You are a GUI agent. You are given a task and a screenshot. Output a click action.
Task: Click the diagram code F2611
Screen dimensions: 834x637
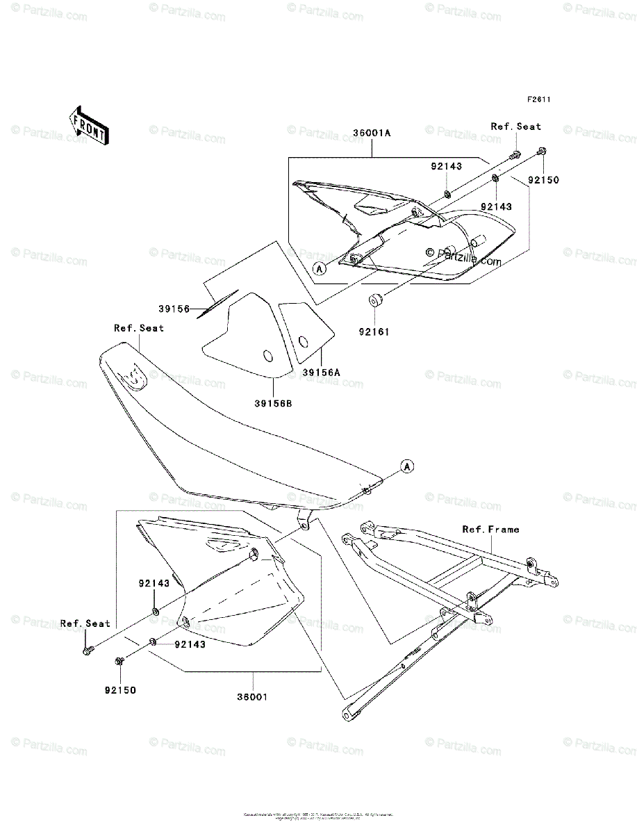[x=538, y=99]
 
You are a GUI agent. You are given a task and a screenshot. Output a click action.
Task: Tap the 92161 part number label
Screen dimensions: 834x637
[x=376, y=332]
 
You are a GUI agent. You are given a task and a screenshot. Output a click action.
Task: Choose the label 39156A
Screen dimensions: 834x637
[x=321, y=373]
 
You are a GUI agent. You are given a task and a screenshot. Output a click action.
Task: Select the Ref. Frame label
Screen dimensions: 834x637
[x=490, y=530]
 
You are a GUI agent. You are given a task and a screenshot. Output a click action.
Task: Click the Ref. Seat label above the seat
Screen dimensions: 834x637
[x=139, y=328]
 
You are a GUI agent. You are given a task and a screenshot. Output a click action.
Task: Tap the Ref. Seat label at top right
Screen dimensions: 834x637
[x=515, y=126]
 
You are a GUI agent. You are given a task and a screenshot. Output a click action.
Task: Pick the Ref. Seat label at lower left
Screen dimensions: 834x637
[x=85, y=623]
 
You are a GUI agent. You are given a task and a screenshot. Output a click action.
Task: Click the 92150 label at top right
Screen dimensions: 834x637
[x=543, y=179]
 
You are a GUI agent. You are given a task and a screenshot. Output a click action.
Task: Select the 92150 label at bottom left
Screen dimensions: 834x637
[x=121, y=690]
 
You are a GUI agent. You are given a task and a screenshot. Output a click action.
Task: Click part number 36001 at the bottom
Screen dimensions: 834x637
[x=252, y=695]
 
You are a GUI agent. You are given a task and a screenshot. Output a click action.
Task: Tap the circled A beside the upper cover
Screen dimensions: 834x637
[x=318, y=268]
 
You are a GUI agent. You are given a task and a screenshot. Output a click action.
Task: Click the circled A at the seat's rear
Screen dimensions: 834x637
[x=407, y=465]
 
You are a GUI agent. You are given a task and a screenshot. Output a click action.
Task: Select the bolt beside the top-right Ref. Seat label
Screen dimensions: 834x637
[x=517, y=154]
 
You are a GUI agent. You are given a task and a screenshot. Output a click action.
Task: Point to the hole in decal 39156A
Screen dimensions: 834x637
[x=303, y=341]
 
